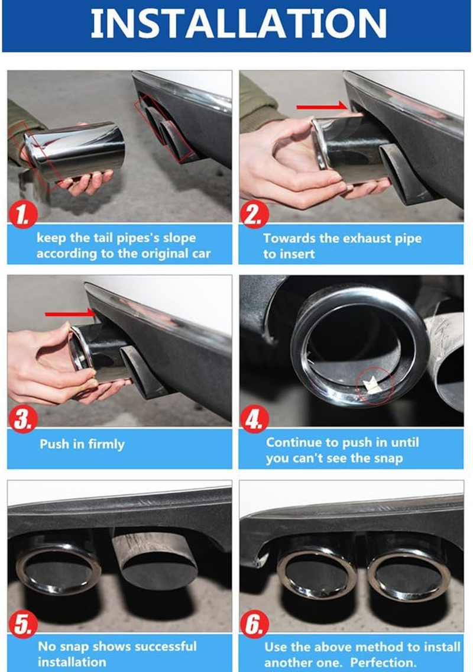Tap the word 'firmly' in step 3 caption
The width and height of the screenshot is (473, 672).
106,444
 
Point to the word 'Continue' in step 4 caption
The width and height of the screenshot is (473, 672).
293,442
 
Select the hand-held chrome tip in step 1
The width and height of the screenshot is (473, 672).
74,151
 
